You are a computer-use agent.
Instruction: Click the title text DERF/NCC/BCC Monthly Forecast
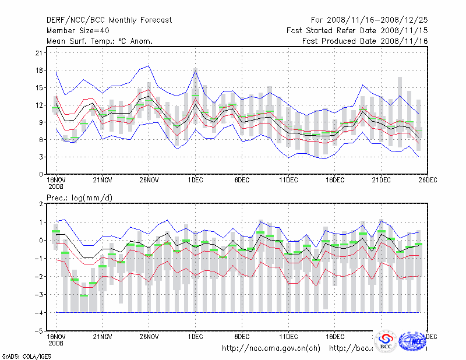[109, 20]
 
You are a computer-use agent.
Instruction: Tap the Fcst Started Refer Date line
[357, 30]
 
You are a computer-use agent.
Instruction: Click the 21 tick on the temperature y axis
[40, 53]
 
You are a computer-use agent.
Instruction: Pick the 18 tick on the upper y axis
[40, 70]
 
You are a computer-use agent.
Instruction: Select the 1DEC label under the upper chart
[195, 180]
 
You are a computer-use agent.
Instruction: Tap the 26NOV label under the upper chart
[149, 180]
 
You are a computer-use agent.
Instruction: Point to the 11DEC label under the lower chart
[288, 337]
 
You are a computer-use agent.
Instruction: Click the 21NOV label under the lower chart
[103, 337]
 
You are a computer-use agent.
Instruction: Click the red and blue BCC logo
[386, 341]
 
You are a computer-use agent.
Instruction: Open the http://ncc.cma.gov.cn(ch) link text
[271, 348]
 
